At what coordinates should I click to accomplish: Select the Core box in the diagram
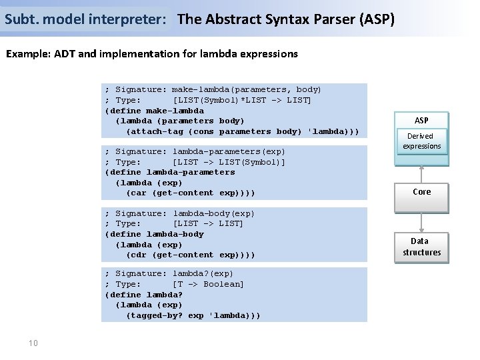click(421, 192)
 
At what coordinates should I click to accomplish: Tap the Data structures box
click(421, 247)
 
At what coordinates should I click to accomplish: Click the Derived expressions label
click(421, 141)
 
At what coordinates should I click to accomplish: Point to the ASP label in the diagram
click(421, 121)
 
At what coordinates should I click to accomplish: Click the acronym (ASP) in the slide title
click(377, 19)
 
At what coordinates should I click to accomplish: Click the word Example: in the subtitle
click(30, 53)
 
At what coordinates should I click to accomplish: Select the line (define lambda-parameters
click(170, 172)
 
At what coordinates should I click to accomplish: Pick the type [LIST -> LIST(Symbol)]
click(229, 162)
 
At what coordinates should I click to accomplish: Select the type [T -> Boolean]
click(208, 284)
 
